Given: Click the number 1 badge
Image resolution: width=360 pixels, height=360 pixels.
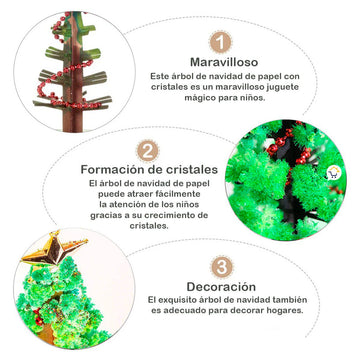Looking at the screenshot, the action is point(220,42).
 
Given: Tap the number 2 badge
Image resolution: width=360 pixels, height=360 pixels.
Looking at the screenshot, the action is point(147,151).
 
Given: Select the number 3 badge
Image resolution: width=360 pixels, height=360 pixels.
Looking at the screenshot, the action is point(222,267).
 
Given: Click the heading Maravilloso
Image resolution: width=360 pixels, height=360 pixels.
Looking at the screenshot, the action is point(224,62).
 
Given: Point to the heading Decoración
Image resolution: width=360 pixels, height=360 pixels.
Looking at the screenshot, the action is point(221,287).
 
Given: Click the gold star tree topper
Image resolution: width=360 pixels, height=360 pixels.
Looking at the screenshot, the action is point(53,250).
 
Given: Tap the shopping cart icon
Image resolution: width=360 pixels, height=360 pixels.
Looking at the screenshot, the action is point(333,173).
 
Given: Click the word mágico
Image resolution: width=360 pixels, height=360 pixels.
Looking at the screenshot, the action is point(198,98).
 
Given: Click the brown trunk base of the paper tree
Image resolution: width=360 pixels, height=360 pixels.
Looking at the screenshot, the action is point(74,121).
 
